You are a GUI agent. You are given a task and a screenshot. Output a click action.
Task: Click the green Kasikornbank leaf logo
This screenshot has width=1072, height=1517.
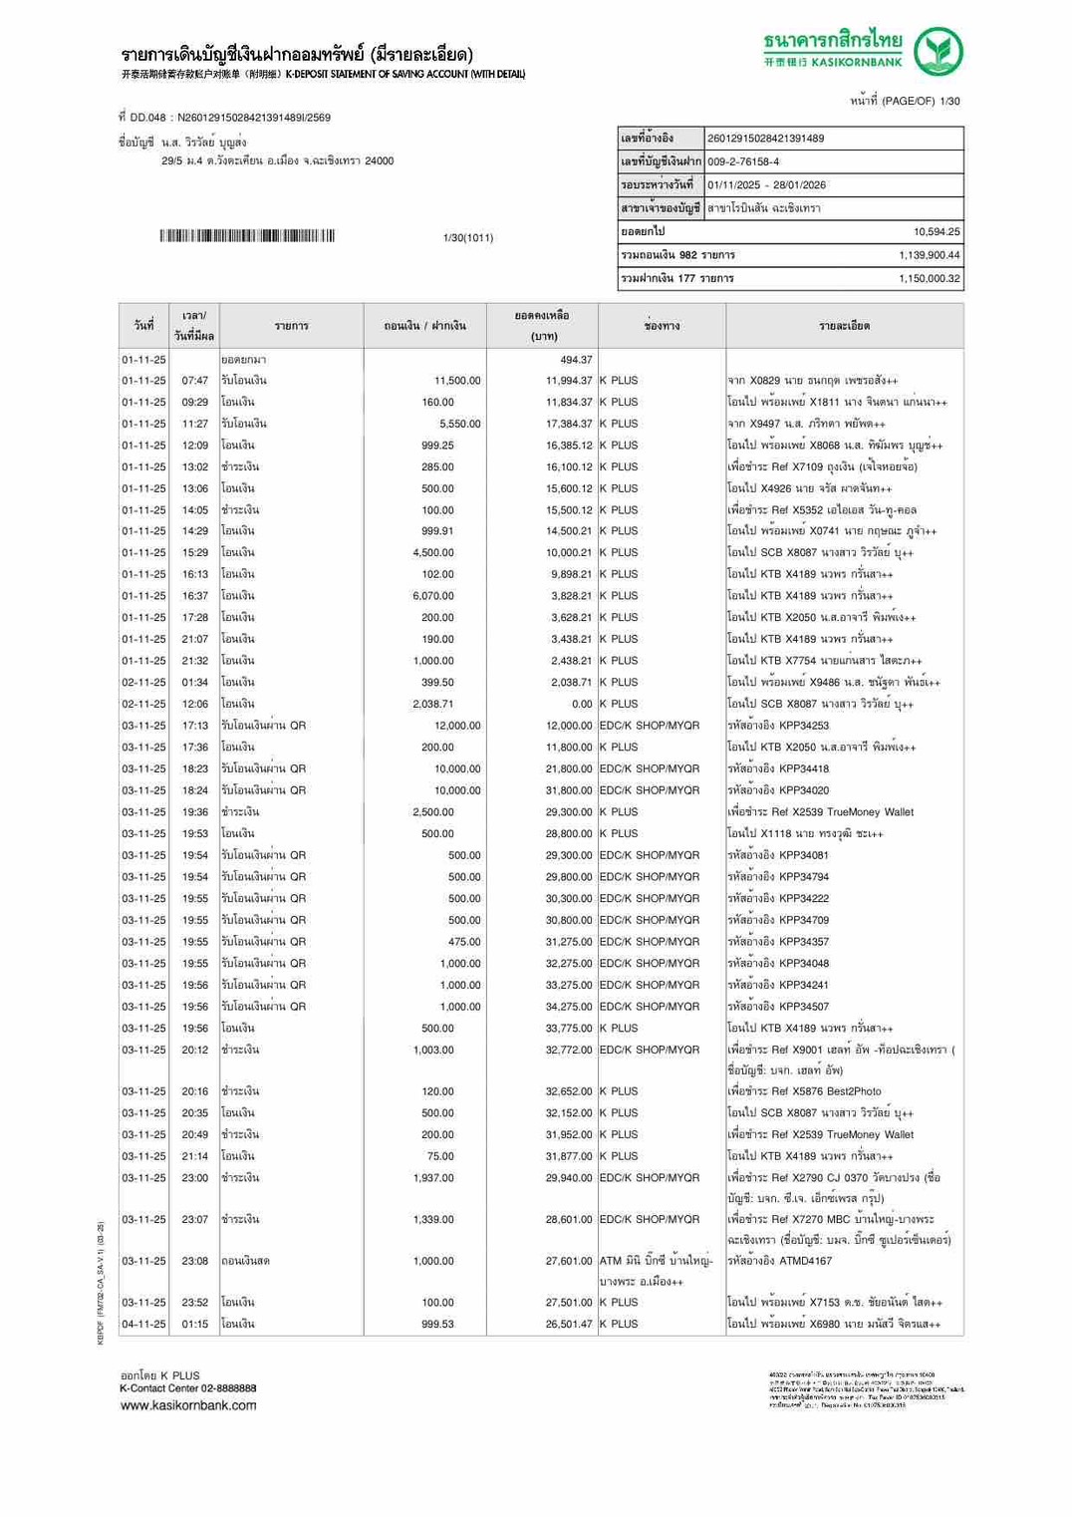(x=938, y=52)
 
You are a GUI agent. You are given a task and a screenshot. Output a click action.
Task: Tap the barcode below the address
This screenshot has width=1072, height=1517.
(x=247, y=236)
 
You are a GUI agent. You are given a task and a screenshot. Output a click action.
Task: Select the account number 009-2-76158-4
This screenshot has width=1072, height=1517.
(x=743, y=161)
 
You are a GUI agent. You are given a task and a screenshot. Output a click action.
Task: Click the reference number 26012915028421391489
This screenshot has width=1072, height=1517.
(x=765, y=139)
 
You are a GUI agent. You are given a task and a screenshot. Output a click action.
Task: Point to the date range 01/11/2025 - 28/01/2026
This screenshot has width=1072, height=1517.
(x=766, y=185)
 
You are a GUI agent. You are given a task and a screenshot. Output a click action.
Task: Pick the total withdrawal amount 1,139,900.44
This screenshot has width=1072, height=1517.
(x=929, y=255)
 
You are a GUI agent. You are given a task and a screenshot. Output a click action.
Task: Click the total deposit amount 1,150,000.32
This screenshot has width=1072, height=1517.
(x=929, y=279)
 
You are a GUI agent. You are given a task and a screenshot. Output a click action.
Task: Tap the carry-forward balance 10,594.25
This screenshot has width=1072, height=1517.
(x=937, y=232)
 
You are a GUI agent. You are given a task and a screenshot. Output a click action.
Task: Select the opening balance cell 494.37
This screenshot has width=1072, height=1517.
(x=576, y=360)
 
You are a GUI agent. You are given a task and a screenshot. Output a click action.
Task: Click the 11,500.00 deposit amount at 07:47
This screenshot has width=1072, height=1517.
(x=457, y=381)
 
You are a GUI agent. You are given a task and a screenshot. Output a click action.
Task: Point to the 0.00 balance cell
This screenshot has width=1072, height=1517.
(x=581, y=704)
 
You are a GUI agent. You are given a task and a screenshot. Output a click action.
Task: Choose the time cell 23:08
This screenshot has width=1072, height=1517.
(x=195, y=1261)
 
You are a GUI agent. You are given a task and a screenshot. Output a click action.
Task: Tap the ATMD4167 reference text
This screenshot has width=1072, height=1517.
(x=805, y=1261)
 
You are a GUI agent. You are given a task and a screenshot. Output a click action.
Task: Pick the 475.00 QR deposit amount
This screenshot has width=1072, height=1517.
(x=464, y=942)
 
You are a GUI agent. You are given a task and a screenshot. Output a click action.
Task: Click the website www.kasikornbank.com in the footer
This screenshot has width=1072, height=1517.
(x=188, y=1405)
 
